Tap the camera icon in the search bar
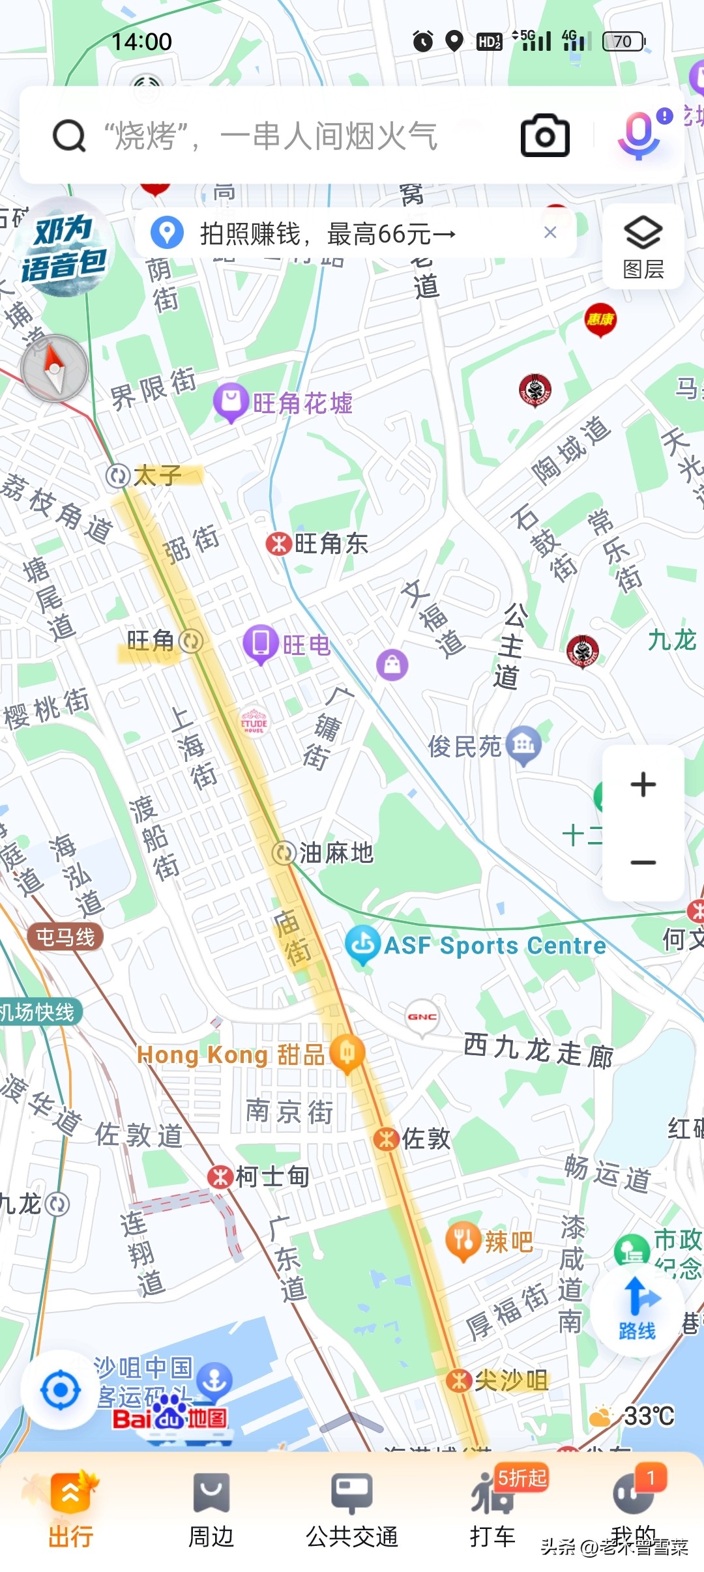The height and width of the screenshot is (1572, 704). (x=545, y=136)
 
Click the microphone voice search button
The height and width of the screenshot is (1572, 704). (x=639, y=134)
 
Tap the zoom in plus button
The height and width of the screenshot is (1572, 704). (x=643, y=784)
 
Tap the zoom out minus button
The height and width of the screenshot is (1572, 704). (x=643, y=862)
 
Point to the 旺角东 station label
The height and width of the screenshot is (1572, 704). (x=318, y=544)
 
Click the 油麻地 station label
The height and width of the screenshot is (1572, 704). (x=323, y=852)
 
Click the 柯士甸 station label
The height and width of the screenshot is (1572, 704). (x=259, y=1176)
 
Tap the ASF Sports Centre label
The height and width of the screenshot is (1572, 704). (x=476, y=945)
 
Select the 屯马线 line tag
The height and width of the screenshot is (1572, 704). (x=65, y=937)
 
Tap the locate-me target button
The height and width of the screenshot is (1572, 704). (x=61, y=1390)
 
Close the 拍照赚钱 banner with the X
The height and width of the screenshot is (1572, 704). (x=550, y=233)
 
